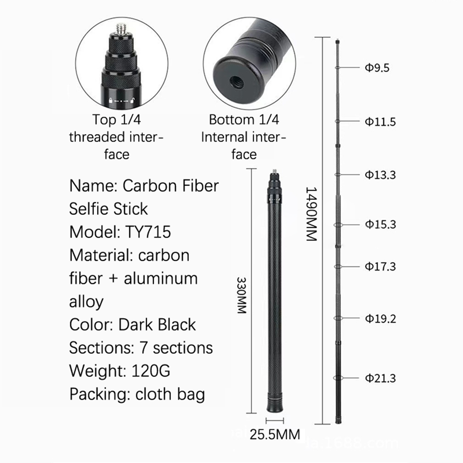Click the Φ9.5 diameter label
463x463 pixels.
click(377, 68)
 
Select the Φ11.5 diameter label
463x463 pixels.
click(380, 122)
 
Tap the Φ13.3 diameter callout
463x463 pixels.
click(380, 175)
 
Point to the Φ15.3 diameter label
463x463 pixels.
click(380, 224)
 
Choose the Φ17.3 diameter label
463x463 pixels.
click(380, 266)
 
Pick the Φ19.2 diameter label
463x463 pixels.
click(380, 319)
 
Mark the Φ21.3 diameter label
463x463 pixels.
click(380, 378)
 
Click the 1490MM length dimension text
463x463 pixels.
click(311, 214)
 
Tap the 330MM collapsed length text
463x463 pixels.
click(242, 295)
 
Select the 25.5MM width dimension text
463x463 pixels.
click(275, 434)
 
